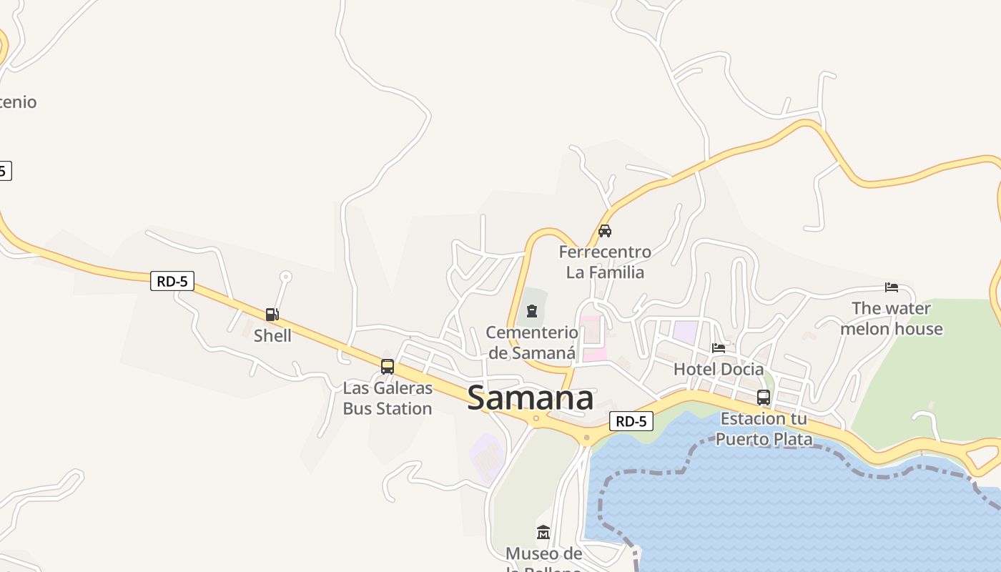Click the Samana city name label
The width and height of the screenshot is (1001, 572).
tap(530, 399)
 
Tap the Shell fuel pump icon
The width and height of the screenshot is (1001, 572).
tap(272, 315)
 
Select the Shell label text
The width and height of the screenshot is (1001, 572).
tap(272, 335)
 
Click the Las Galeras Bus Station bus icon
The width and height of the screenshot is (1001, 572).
tap(388, 367)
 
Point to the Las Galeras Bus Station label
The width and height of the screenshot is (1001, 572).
tap(388, 398)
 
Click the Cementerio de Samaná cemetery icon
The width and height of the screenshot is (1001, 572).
tap(532, 311)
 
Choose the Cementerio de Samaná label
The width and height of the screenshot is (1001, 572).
tap(532, 342)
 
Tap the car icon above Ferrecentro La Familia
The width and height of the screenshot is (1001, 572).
tap(605, 231)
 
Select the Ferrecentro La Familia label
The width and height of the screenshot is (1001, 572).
tap(605, 262)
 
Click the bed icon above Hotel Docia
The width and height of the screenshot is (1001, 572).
tap(719, 348)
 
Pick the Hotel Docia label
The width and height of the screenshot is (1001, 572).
tap(719, 370)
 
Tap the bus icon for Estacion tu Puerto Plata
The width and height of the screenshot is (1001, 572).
tap(764, 398)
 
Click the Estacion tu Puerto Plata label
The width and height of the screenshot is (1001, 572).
tap(764, 428)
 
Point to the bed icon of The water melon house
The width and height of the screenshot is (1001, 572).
tap(891, 287)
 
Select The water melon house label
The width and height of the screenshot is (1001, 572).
tap(891, 318)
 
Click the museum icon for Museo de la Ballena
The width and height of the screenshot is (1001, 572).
tap(543, 533)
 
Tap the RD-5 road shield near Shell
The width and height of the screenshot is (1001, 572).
tap(172, 281)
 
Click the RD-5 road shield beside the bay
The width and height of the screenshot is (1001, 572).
tap(631, 421)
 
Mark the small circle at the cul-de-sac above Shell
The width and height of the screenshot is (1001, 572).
tap(286, 276)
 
